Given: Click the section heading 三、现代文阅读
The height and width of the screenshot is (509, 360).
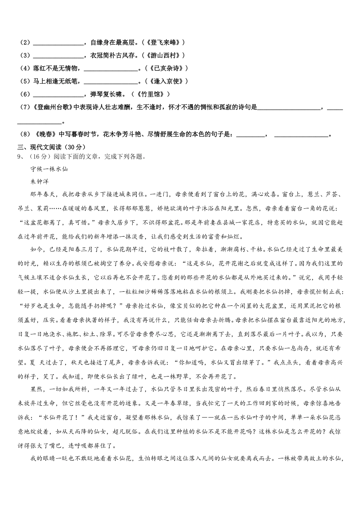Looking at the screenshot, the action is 52,147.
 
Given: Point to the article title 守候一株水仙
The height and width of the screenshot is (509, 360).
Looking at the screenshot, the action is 49,169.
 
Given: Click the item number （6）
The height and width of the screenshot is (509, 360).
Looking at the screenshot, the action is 25,94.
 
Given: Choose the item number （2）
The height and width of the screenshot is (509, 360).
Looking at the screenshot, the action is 25,42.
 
